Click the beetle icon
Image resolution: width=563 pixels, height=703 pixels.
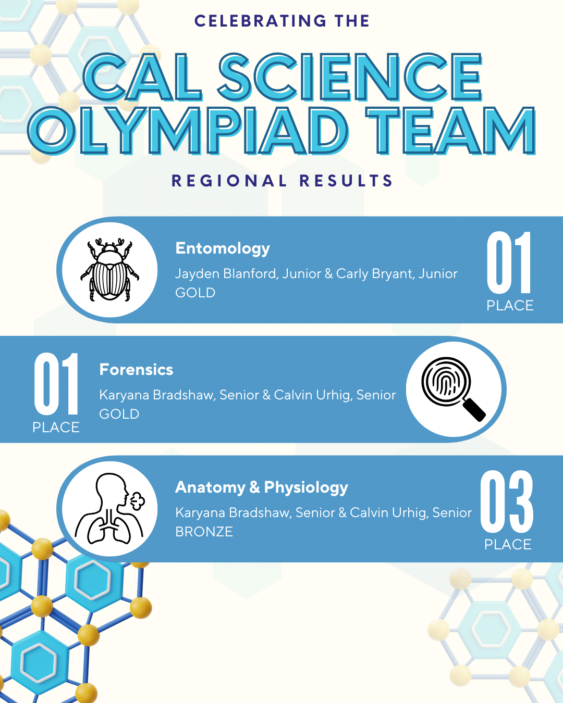[x=109, y=270]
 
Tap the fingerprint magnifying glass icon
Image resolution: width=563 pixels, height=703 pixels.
[x=451, y=387]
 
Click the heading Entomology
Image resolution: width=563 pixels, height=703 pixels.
[x=223, y=248]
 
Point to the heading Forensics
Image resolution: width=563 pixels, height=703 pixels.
[x=136, y=370]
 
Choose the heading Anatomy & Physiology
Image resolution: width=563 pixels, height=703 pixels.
[x=262, y=487]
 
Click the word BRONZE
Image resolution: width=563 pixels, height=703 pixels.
[x=204, y=532]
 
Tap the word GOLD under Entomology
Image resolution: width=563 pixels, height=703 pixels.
[x=195, y=293]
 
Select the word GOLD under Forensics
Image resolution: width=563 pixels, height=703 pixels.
[x=119, y=414]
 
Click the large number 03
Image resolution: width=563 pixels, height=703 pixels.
[x=507, y=501]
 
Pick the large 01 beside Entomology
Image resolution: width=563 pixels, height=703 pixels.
[x=509, y=263]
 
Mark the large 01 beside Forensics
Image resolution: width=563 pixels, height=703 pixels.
[x=56, y=384]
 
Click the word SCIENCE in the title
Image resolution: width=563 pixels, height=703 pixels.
[x=350, y=78]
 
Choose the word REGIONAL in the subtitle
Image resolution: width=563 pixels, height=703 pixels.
[x=229, y=181]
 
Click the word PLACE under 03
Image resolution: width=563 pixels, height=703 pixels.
[x=508, y=545]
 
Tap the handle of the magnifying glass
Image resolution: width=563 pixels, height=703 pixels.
[x=474, y=409]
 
